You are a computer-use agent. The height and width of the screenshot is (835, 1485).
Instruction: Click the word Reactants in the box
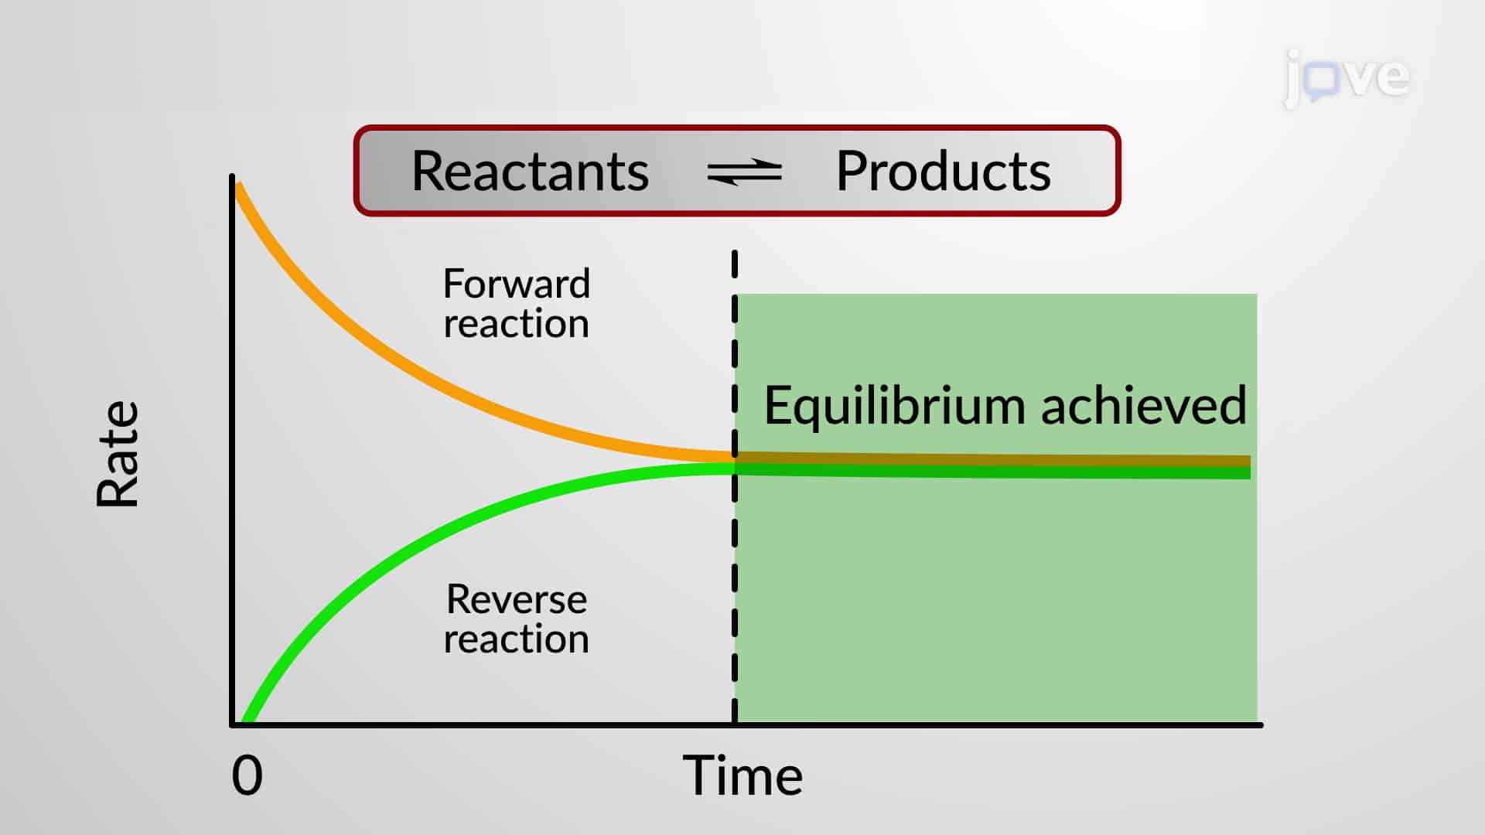point(530,171)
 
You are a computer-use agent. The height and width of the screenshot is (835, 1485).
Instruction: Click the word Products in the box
point(943,171)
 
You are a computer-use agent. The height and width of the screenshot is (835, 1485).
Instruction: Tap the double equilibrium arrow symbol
point(744,172)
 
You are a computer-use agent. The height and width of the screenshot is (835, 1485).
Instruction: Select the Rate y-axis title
point(118,454)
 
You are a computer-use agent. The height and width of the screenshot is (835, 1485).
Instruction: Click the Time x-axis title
point(742,775)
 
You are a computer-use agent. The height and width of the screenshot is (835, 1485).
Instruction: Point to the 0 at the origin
point(247,775)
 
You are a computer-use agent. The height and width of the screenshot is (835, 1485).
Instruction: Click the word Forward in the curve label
point(516,284)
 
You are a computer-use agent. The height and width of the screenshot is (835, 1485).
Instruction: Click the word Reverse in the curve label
point(516,599)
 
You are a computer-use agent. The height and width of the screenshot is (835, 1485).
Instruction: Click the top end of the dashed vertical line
point(735,254)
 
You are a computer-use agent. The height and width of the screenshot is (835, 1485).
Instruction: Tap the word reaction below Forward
point(516,324)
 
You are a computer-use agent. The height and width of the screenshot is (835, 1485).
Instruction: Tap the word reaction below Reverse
point(516,639)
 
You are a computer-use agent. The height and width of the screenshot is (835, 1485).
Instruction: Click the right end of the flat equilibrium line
point(1248,467)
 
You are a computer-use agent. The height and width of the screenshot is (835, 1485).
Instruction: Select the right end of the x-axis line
point(1261,724)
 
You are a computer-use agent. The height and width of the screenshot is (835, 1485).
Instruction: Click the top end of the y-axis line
point(232,178)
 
